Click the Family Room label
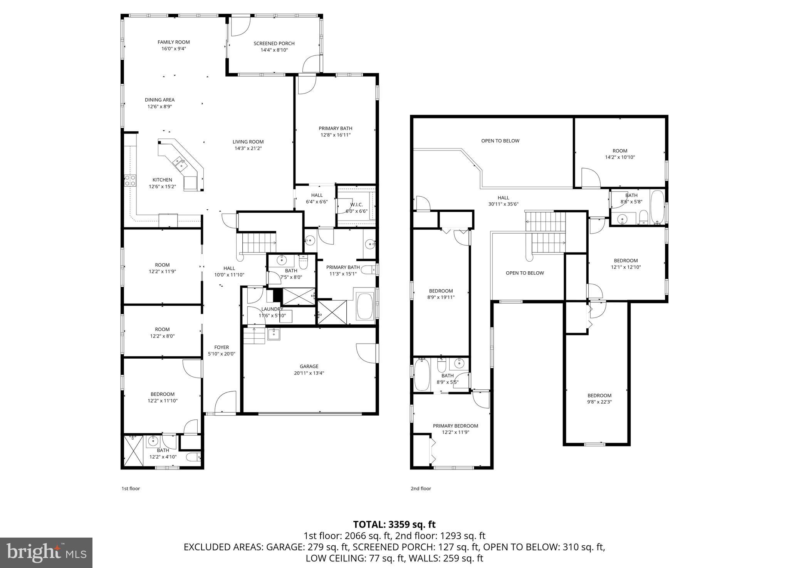click(x=173, y=42)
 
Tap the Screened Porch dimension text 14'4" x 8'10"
click(x=274, y=50)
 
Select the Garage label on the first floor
click(x=309, y=366)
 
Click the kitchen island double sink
click(x=180, y=164)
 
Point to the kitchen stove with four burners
click(x=130, y=180)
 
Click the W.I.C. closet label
click(x=356, y=205)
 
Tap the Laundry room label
click(x=272, y=309)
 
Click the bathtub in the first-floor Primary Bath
click(x=365, y=306)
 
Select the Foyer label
click(x=222, y=347)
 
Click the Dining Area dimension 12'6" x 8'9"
click(x=159, y=107)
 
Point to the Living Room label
click(x=248, y=142)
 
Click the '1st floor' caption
click(x=131, y=488)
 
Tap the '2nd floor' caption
click(x=421, y=488)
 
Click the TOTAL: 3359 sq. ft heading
click(x=394, y=525)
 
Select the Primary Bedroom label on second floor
click(x=455, y=426)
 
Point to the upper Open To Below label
click(x=500, y=141)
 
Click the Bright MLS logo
click(x=46, y=553)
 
